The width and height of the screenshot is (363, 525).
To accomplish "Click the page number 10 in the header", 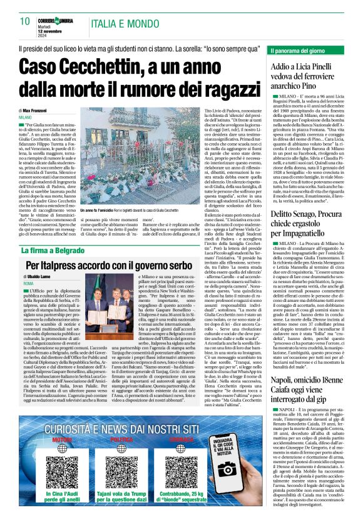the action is pyautogui.click(x=24, y=21).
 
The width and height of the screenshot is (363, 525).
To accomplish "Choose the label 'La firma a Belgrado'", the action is pyautogui.click(x=49, y=233).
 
